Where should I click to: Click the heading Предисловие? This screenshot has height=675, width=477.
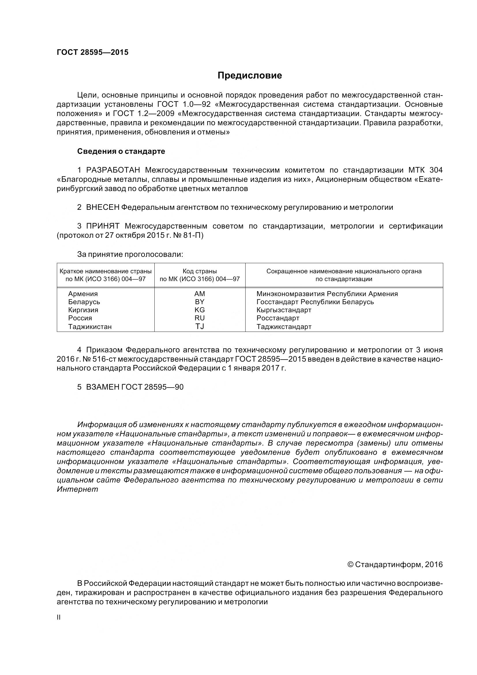click(x=250, y=76)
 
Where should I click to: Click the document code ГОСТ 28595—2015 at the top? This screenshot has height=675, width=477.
click(x=93, y=52)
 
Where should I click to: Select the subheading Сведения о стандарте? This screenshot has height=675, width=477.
click(x=121, y=152)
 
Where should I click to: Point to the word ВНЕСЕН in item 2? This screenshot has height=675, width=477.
click(x=102, y=207)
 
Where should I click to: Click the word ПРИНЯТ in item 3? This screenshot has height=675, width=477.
click(x=102, y=226)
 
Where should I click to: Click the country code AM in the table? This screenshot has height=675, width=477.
click(x=200, y=294)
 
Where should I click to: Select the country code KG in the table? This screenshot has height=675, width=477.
click(x=200, y=310)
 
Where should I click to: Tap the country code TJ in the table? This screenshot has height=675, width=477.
click(x=200, y=326)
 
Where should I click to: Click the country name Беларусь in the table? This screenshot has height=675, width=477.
click(x=84, y=302)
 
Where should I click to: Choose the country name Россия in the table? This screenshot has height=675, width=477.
click(x=80, y=318)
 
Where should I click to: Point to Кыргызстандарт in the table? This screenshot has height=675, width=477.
click(x=284, y=310)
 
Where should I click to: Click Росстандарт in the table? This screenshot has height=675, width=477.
click(x=278, y=318)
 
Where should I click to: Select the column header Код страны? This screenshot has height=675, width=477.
click(x=200, y=271)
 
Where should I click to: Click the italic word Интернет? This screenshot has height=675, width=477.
click(x=77, y=489)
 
